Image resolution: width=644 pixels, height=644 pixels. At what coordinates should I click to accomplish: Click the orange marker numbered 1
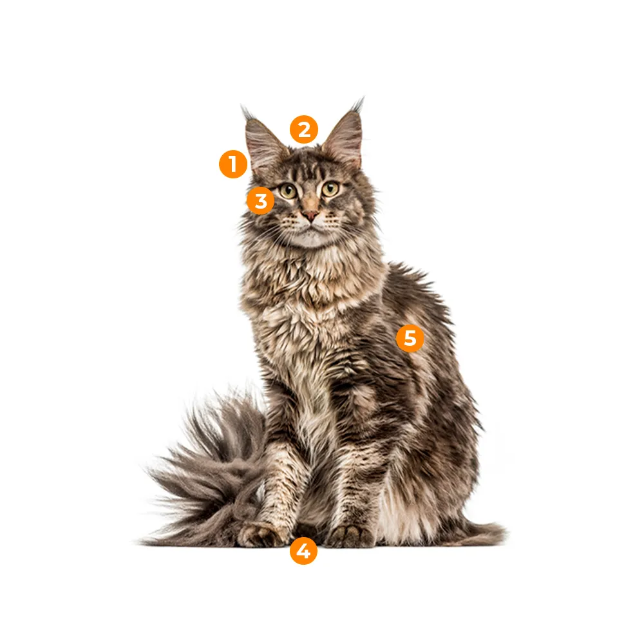[x=233, y=164]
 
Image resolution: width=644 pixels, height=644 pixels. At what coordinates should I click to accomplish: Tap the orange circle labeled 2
[x=304, y=129]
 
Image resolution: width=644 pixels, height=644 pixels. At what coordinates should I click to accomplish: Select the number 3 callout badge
[x=261, y=201]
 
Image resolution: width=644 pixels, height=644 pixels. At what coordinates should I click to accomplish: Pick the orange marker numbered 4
[x=303, y=551]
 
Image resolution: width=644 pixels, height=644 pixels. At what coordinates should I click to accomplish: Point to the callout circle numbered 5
[x=410, y=338]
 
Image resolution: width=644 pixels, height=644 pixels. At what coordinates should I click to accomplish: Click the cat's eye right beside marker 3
[x=289, y=191]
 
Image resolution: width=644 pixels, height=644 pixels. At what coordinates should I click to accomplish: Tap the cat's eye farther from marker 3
[x=330, y=189]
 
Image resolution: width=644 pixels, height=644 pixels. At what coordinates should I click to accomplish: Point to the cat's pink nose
[x=310, y=215]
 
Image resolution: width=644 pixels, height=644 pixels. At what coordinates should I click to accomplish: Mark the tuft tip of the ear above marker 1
[x=243, y=108]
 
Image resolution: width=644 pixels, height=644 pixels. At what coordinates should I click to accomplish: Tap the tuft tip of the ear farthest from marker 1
[x=362, y=99]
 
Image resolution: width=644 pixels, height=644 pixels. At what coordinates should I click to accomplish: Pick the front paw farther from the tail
[x=350, y=536]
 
